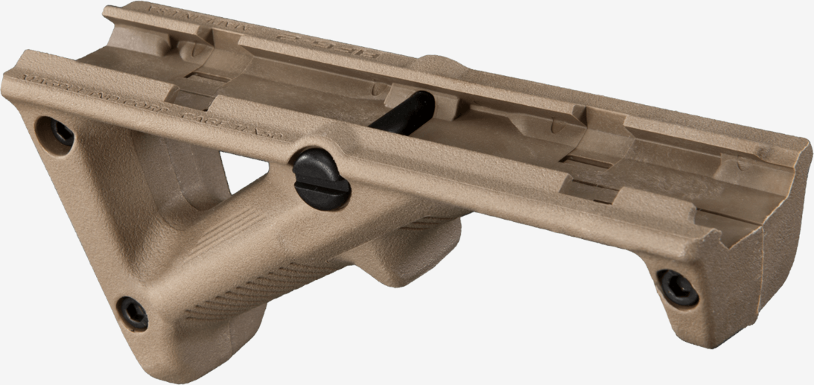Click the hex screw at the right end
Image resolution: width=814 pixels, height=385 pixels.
click(677, 287)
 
